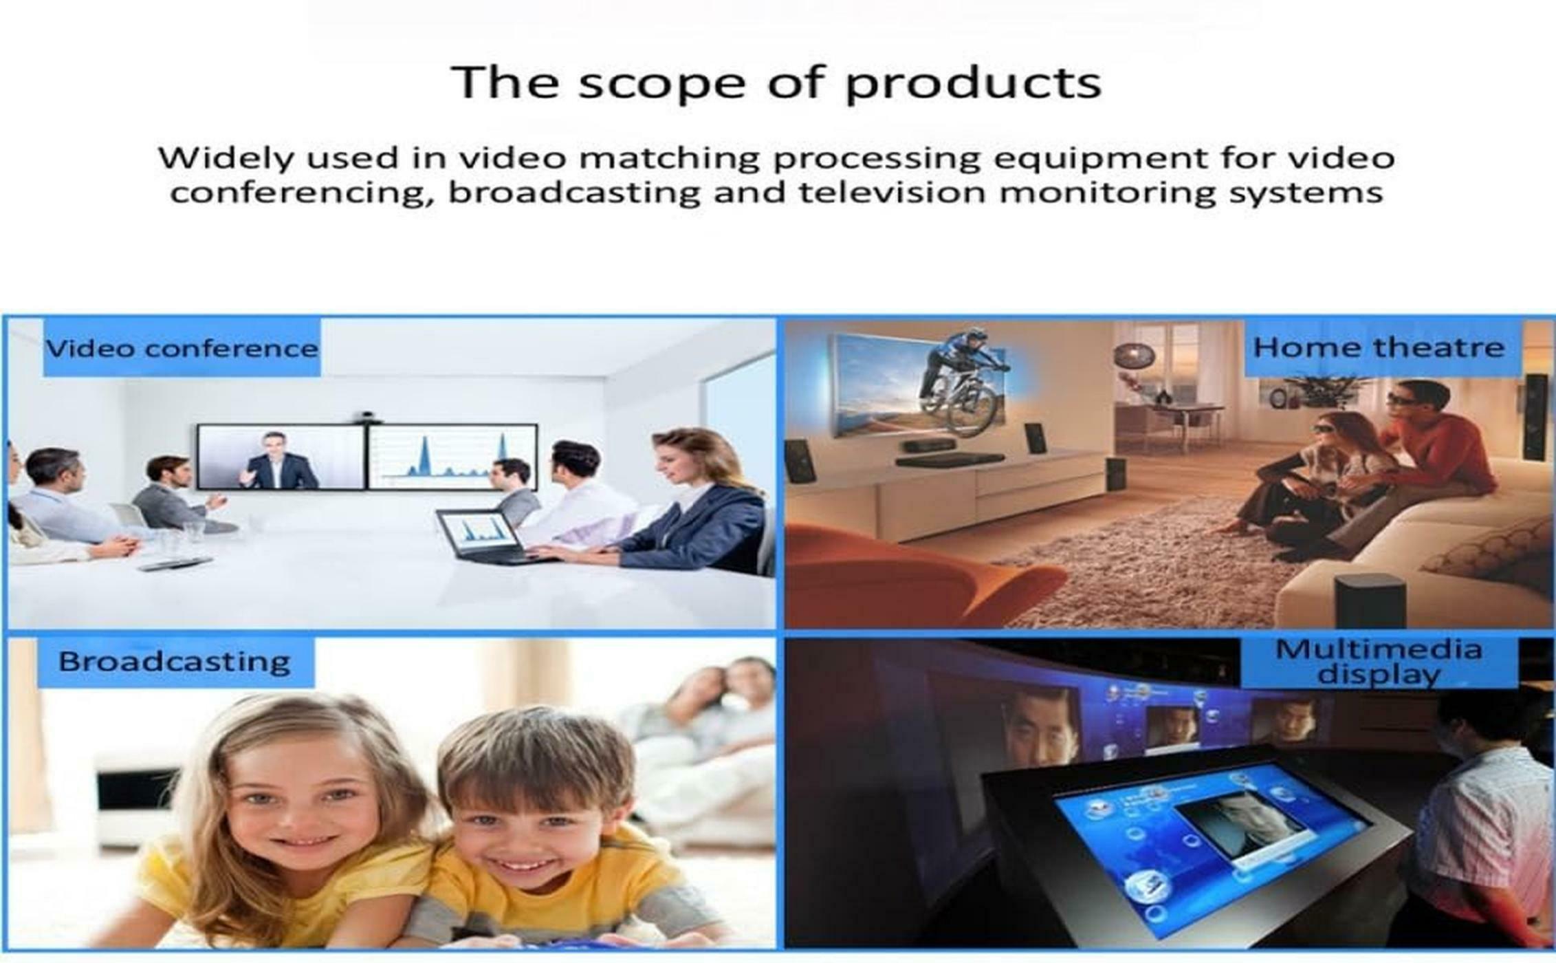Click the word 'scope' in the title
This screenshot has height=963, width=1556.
661,84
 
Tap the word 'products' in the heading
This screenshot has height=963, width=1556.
973,84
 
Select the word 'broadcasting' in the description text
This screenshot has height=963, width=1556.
573,192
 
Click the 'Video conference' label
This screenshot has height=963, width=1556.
182,348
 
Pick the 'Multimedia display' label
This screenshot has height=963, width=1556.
1379,662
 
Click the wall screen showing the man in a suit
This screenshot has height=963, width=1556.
281,457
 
